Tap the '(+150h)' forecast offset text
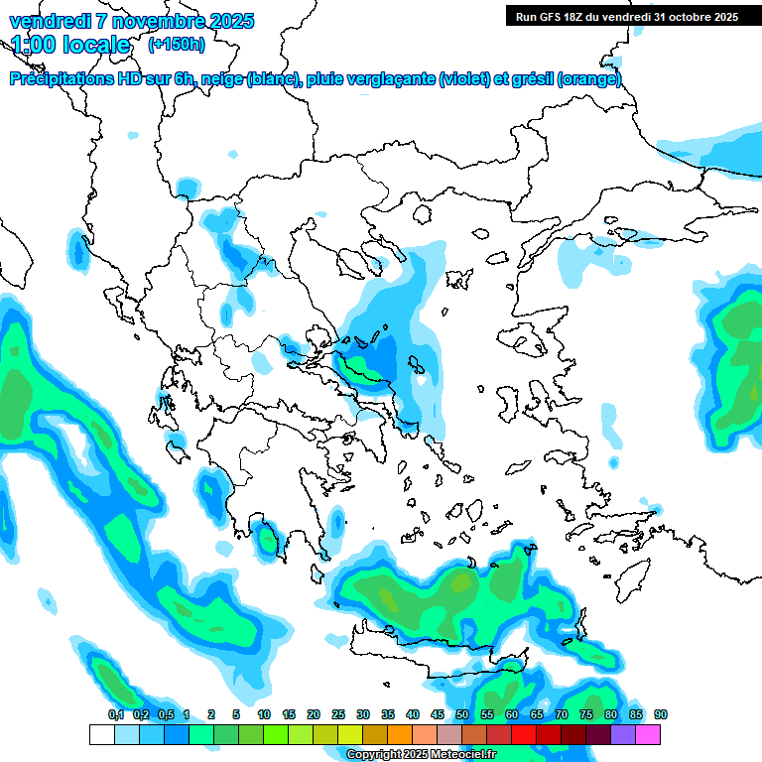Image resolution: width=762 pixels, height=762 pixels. click(x=177, y=44)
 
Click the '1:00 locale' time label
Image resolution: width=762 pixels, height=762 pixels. click(x=70, y=45)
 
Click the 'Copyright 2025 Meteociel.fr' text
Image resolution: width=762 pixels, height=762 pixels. click(x=422, y=755)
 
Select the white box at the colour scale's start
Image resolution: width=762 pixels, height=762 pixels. click(x=101, y=735)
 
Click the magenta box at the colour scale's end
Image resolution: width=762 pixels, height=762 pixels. click(x=648, y=735)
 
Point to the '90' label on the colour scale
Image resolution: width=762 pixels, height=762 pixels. click(x=661, y=715)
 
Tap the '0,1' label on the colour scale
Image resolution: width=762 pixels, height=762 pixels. click(x=115, y=715)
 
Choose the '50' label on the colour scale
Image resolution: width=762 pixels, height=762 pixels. click(x=462, y=715)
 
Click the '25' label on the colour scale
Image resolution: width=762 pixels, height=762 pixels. click(x=338, y=715)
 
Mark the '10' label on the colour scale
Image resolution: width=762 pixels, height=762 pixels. click(x=264, y=715)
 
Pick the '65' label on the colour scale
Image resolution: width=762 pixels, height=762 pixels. click(x=537, y=715)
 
